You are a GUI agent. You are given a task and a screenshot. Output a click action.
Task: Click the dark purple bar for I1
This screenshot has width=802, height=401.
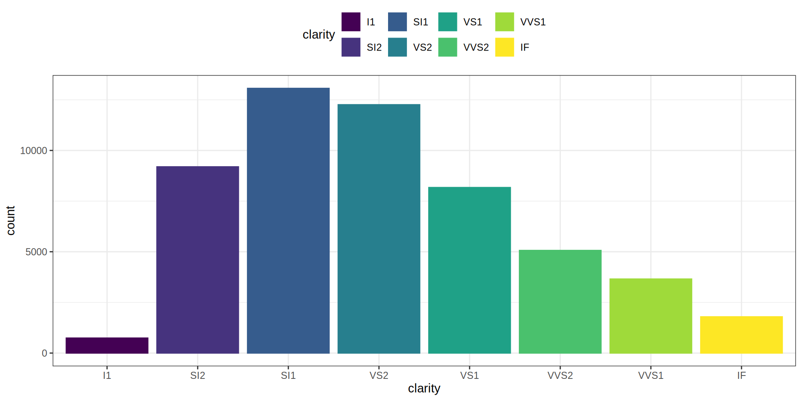coord(107,345)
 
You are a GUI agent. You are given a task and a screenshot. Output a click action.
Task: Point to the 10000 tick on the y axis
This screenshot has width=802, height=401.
coord(33,151)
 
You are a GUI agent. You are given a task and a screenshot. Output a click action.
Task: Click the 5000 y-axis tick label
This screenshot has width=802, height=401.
coord(36,252)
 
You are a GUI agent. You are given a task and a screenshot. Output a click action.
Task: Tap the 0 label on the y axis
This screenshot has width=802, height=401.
coord(44,353)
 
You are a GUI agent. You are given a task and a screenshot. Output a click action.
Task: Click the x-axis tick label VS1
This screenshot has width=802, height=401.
coord(470,376)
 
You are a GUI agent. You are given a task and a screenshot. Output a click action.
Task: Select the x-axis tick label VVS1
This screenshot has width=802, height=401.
coord(651,376)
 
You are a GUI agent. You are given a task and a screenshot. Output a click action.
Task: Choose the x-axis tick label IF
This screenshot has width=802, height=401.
coord(741,376)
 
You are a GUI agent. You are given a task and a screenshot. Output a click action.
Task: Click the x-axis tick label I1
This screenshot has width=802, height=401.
coord(107,376)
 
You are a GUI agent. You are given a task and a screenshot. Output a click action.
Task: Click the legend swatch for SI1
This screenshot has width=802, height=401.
coord(397,22)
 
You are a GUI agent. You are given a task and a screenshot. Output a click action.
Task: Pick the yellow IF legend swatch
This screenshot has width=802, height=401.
coord(505,47)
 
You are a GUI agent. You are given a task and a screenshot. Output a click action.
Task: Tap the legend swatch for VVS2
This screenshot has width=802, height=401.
coord(447,47)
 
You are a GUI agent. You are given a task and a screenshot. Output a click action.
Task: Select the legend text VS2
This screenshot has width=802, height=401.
coord(422,48)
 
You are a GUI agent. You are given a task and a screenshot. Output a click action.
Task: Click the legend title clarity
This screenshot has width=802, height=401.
coord(319,35)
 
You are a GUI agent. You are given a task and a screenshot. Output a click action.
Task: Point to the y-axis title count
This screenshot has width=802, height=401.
coord(11,221)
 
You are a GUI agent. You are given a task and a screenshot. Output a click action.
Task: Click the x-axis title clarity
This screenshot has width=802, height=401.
coord(424,388)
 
